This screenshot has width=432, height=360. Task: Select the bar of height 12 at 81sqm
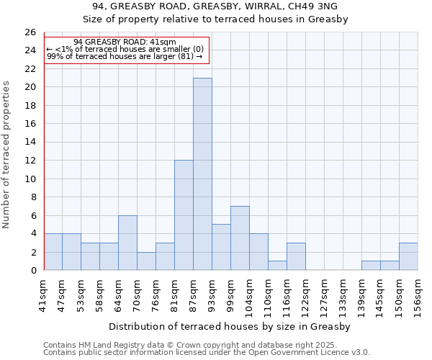pyautogui.click(x=184, y=215)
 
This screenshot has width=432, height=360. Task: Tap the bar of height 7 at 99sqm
pyautogui.click(x=240, y=238)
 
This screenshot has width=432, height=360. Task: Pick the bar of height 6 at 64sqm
pyautogui.click(x=127, y=243)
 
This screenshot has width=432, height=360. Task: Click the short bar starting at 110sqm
pyautogui.click(x=277, y=266)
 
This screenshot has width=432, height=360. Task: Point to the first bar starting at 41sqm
pyautogui.click(x=53, y=252)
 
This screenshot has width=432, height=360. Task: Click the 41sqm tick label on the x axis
pyautogui.click(x=44, y=292)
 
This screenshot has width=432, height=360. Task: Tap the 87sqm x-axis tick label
pyautogui.click(x=194, y=292)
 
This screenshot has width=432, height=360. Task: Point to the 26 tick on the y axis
pyautogui.click(x=30, y=32)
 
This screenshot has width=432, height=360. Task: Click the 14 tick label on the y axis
pyautogui.click(x=30, y=142)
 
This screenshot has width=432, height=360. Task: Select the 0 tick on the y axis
pyautogui.click(x=32, y=271)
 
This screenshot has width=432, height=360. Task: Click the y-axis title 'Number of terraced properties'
pyautogui.click(x=8, y=154)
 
